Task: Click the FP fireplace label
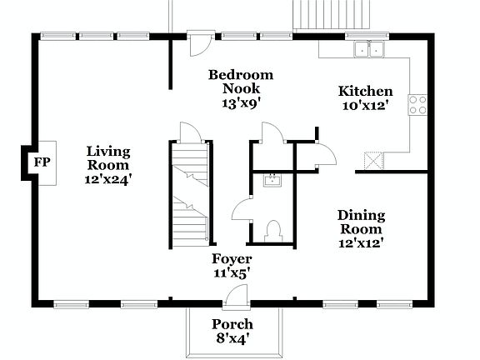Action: [39, 162]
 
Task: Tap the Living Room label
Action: [108, 157]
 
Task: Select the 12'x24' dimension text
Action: [109, 177]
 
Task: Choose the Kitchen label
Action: [364, 92]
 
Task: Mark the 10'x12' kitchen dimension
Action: [364, 106]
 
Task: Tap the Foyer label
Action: [231, 258]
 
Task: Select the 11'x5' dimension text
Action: [231, 272]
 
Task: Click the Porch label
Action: [232, 324]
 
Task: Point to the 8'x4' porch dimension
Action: [232, 338]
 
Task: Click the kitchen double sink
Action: [369, 50]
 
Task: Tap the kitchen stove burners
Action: [417, 105]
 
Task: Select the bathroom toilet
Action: [272, 228]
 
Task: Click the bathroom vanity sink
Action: [271, 179]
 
